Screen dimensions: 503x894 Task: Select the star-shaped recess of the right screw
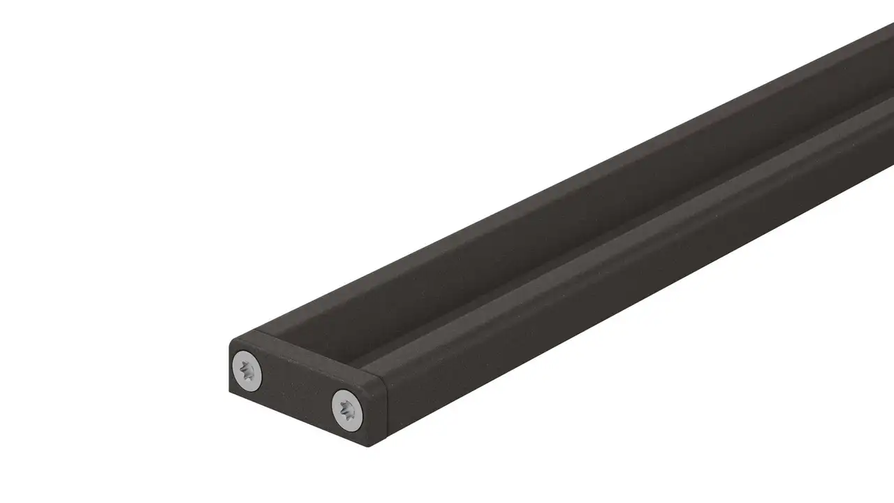point(347,409)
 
